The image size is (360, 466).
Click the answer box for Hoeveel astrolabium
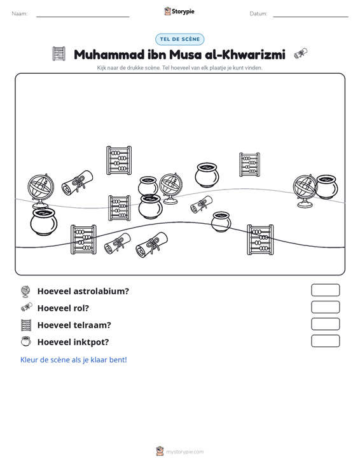click(x=325, y=290)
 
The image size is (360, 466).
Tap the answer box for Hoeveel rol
click(x=325, y=307)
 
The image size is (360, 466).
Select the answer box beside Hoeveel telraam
click(x=325, y=324)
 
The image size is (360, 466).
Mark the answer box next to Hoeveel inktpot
click(x=325, y=341)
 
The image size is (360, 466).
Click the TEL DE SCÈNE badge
click(x=179, y=39)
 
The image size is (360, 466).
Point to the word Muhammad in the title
click(x=109, y=55)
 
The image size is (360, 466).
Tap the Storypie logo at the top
click(x=179, y=11)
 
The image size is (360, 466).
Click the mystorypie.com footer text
click(x=185, y=452)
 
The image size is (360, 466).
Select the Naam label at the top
click(x=20, y=14)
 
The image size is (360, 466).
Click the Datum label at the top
click(x=258, y=14)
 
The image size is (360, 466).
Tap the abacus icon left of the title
click(x=59, y=54)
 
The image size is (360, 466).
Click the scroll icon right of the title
click(x=301, y=53)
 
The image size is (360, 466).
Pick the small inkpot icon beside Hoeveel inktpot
click(x=26, y=341)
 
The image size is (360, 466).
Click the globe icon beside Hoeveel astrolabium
click(x=26, y=291)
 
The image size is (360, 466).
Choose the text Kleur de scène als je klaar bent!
click(x=73, y=360)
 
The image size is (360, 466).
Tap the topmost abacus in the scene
click(x=119, y=160)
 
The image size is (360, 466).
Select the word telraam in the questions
click(x=92, y=325)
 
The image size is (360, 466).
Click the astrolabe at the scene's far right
click(x=305, y=191)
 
